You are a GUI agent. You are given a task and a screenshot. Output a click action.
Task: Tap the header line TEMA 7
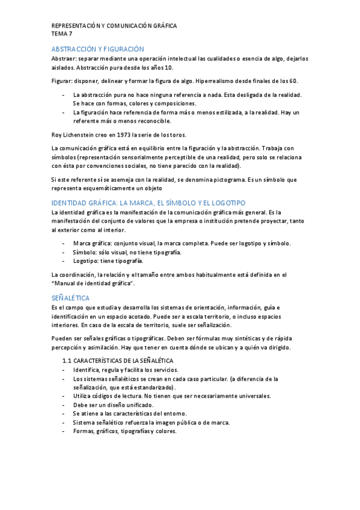point(62,34)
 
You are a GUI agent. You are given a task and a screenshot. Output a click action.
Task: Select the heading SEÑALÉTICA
point(71,298)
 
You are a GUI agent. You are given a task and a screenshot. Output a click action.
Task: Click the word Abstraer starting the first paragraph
point(64,59)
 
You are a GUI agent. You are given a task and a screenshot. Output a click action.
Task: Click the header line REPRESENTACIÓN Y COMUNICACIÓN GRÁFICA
point(114,26)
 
